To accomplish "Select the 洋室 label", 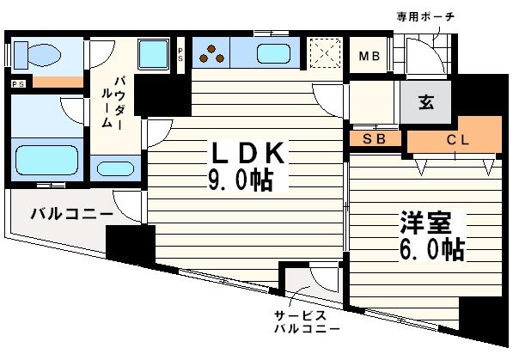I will (424, 223).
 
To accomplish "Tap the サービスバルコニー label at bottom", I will (305, 323).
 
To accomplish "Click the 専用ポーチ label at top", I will (424, 16).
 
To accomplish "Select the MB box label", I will (369, 58).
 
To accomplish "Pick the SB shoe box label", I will (372, 137).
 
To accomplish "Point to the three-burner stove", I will (211, 54).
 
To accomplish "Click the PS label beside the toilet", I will (18, 83).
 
